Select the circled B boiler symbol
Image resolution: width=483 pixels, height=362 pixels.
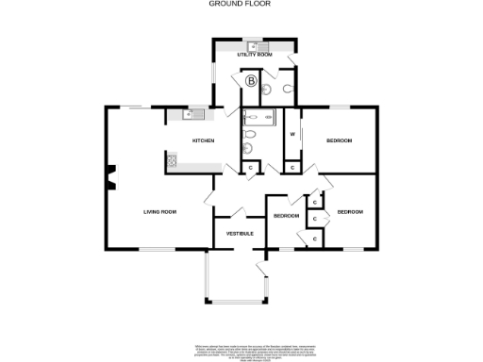(x=251, y=82)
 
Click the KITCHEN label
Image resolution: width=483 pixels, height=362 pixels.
(x=203, y=140)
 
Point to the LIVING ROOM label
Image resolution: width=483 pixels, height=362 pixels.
(x=160, y=212)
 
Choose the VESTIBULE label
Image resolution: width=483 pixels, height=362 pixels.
(x=240, y=232)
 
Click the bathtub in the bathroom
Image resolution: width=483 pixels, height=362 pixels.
(x=257, y=118)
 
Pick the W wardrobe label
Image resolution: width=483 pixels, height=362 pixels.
(x=292, y=134)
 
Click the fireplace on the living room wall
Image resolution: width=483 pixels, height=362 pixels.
(x=111, y=176)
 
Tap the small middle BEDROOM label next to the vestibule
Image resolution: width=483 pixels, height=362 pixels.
(x=286, y=216)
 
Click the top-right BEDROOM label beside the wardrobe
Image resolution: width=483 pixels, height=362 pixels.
(x=339, y=140)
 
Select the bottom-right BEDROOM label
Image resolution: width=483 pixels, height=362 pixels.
(x=350, y=212)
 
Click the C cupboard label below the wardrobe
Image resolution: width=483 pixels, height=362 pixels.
(x=291, y=168)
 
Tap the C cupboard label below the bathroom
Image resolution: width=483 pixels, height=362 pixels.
(x=250, y=168)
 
